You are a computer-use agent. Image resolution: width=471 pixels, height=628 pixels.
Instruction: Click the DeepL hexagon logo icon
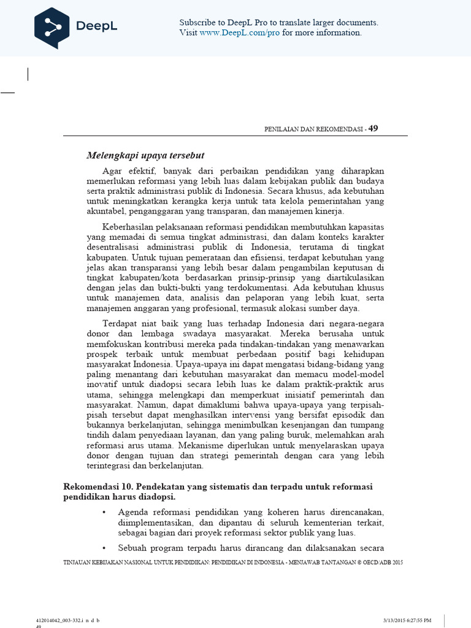tap(52, 27)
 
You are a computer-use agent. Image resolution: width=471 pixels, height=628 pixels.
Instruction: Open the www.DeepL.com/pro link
tap(248, 33)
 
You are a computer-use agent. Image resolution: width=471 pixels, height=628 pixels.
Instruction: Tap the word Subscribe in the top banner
tap(197, 23)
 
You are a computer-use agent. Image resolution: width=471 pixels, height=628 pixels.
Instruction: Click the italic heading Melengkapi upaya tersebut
tap(145, 155)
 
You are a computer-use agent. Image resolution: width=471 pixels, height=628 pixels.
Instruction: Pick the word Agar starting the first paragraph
tap(112, 170)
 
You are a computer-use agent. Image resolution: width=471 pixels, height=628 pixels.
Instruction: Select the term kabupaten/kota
tap(145, 277)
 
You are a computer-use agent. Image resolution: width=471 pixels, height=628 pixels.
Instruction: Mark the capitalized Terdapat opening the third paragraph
tap(120, 324)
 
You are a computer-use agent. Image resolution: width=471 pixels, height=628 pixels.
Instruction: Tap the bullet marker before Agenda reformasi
tap(104, 511)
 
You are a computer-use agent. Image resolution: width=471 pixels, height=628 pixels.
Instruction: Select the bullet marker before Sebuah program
tap(104, 548)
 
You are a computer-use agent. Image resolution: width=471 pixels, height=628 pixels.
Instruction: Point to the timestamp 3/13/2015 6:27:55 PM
tap(407, 621)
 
